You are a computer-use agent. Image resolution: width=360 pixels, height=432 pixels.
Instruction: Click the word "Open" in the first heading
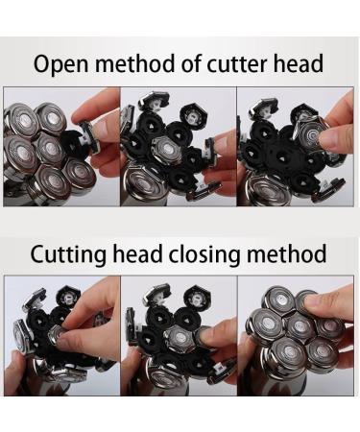pyautogui.click(x=60, y=64)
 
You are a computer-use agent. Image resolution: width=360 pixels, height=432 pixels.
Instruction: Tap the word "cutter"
pyautogui.click(x=236, y=63)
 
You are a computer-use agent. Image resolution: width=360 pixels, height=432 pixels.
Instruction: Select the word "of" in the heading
pyautogui.click(x=191, y=62)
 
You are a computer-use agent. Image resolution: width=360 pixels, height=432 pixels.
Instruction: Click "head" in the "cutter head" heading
pyautogui.click(x=298, y=62)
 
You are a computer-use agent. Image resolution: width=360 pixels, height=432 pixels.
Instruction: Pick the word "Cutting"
pyautogui.click(x=68, y=255)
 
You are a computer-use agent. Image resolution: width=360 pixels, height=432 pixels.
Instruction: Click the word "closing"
pyautogui.click(x=204, y=255)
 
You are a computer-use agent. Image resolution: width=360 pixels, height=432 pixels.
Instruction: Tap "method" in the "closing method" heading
pyautogui.click(x=286, y=253)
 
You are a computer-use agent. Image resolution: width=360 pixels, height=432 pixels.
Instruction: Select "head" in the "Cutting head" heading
pyautogui.click(x=137, y=253)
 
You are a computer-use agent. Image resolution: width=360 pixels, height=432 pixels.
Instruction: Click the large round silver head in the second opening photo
pyautogui.click(x=143, y=183)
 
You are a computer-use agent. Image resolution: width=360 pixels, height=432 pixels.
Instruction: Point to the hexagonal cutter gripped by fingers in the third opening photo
pyautogui.click(x=310, y=134)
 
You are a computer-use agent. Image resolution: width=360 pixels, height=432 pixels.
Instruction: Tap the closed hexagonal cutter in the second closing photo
pyautogui.click(x=180, y=338)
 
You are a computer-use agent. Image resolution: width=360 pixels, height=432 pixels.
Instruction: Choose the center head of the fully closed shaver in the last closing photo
pyautogui.click(x=300, y=327)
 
